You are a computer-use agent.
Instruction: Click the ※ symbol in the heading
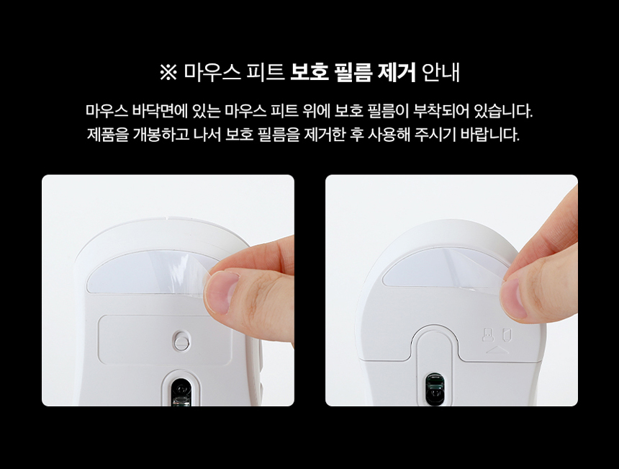coord(168,73)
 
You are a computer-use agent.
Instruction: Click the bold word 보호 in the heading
coord(309,72)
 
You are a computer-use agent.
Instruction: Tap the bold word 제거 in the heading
coord(396,72)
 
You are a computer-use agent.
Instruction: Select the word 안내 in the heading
coord(440,72)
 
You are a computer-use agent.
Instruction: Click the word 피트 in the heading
coord(265,72)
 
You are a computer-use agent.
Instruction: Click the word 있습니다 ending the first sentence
coord(503,111)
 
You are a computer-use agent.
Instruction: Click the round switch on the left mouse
coord(181,340)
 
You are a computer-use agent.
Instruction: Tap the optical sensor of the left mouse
coord(181,391)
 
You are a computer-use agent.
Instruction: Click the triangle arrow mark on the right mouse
coord(496,349)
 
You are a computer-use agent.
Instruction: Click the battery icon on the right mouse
coord(507,335)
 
